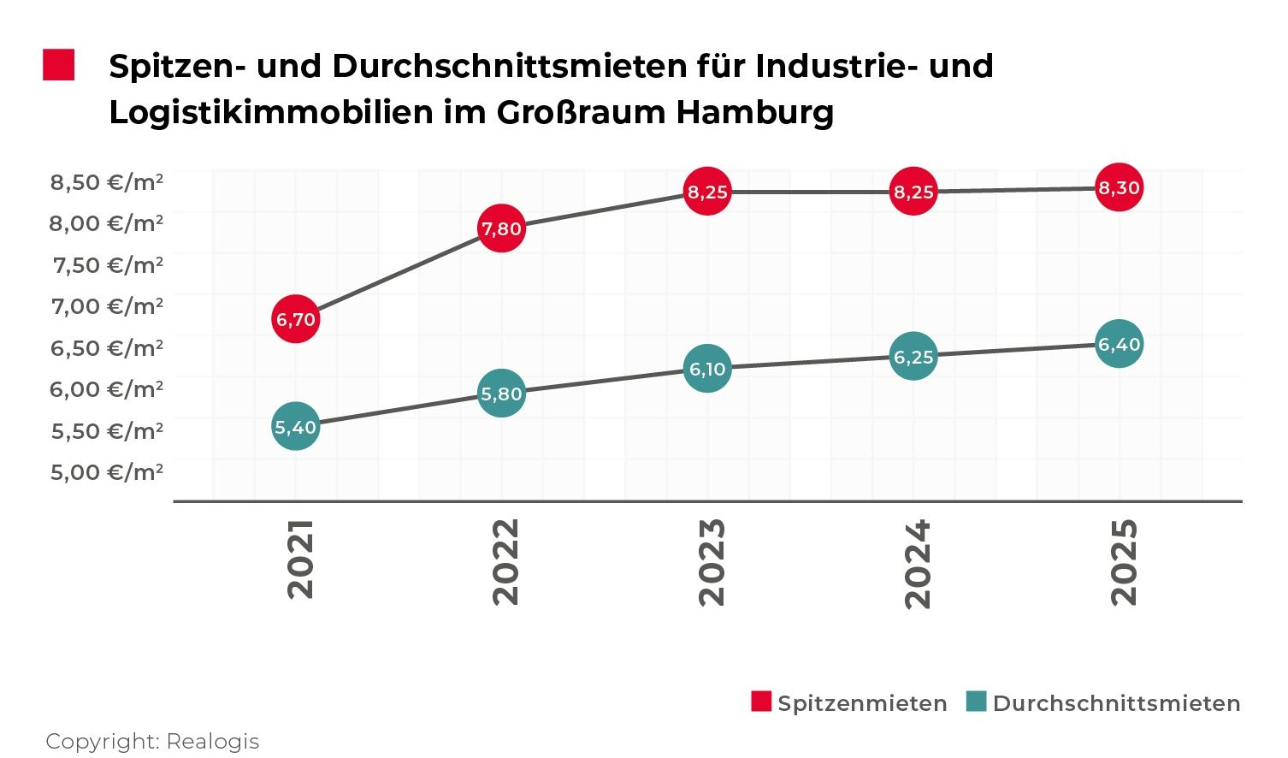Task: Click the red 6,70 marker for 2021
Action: [x=296, y=320]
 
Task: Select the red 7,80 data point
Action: [x=501, y=228]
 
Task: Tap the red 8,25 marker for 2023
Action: [x=707, y=192]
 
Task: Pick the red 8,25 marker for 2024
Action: [x=913, y=192]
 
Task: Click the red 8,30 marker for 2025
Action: [x=1119, y=187]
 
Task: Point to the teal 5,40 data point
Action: [x=296, y=426]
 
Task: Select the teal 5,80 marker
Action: [x=501, y=394]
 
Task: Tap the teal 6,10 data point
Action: [x=707, y=369]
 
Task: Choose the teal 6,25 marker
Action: [x=913, y=356]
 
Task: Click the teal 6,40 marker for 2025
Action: [x=1119, y=344]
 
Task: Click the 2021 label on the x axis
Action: [x=301, y=559]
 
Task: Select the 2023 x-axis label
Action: [x=712, y=562]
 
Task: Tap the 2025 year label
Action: [x=1124, y=562]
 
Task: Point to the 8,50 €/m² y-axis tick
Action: [x=107, y=182]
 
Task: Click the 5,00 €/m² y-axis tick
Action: [x=107, y=472]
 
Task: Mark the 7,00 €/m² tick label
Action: [x=107, y=306]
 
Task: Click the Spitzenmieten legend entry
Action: [x=849, y=703]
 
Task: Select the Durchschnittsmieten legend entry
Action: [x=1103, y=703]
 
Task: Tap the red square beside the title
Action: [x=59, y=65]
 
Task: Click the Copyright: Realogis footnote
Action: [x=152, y=741]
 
